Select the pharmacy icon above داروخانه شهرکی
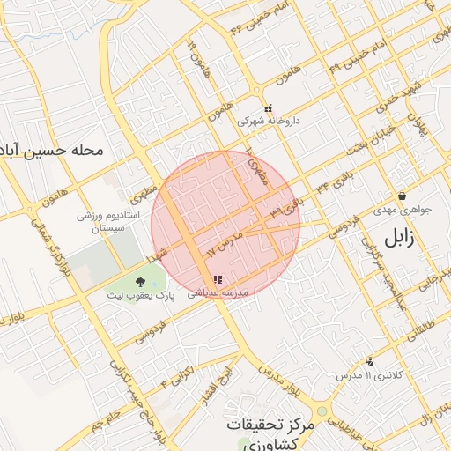pos(269,109)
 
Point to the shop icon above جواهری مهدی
pos(402,196)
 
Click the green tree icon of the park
pos(140,281)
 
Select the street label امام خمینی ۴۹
pos(357,55)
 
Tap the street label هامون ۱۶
pos(193,55)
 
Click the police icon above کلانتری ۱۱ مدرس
pos(368,361)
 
